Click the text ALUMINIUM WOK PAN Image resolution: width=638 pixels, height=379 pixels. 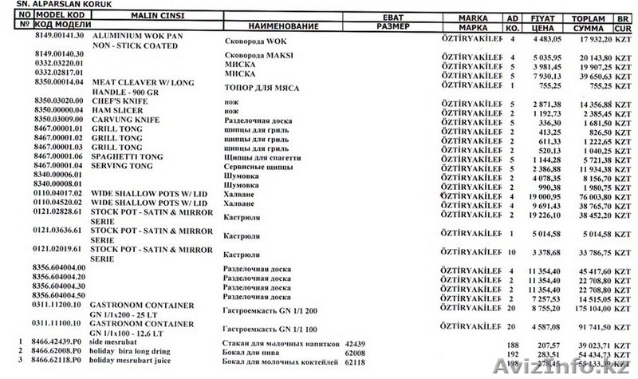pos(133,38)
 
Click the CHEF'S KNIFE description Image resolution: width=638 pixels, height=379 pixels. pos(118,101)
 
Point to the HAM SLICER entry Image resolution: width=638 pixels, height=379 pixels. pos(118,110)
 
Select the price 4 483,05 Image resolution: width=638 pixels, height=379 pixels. pos(550,38)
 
